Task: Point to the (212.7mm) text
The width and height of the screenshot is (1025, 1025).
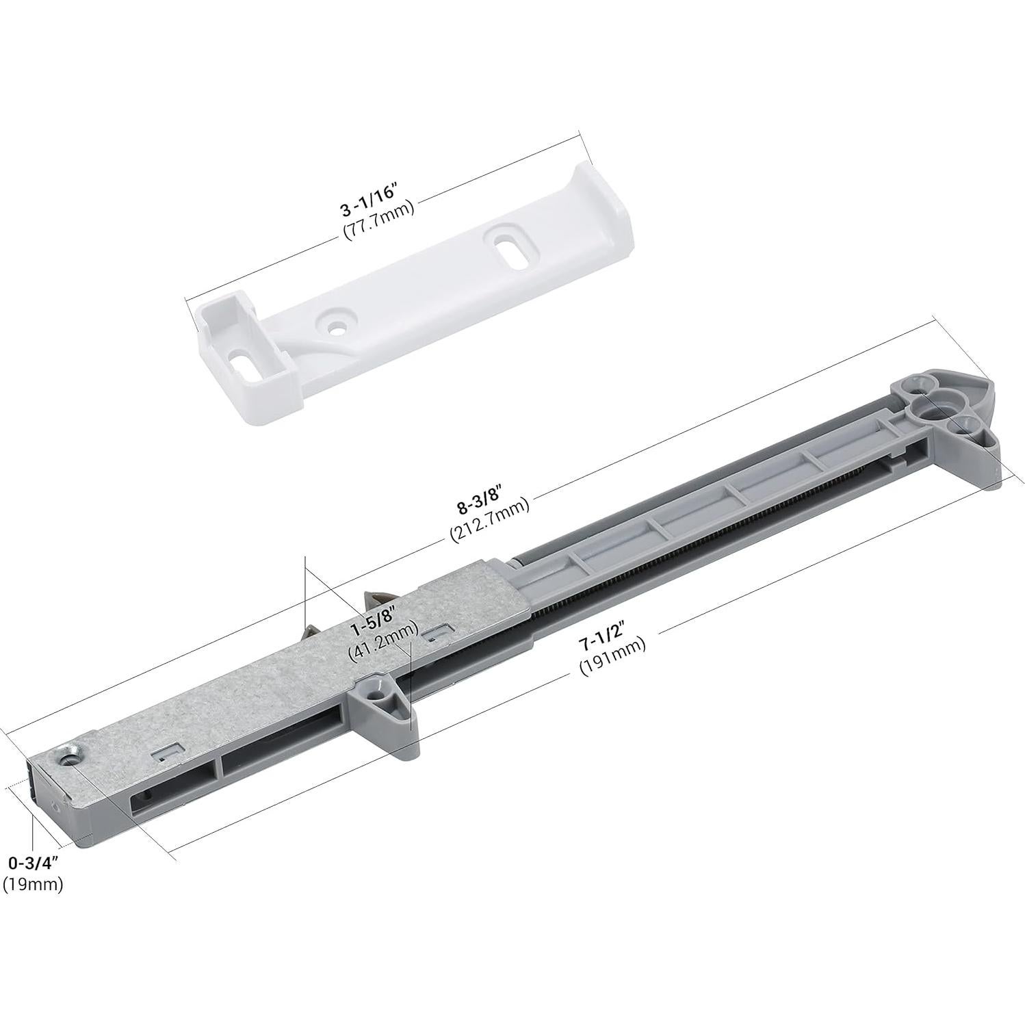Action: click(x=489, y=530)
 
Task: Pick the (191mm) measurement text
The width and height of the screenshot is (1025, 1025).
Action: click(x=612, y=664)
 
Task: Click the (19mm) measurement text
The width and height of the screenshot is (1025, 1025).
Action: click(x=32, y=884)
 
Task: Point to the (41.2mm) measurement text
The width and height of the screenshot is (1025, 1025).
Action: click(x=382, y=651)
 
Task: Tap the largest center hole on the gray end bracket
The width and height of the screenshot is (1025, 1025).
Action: click(x=928, y=413)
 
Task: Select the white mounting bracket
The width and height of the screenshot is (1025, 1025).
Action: click(x=411, y=301)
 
